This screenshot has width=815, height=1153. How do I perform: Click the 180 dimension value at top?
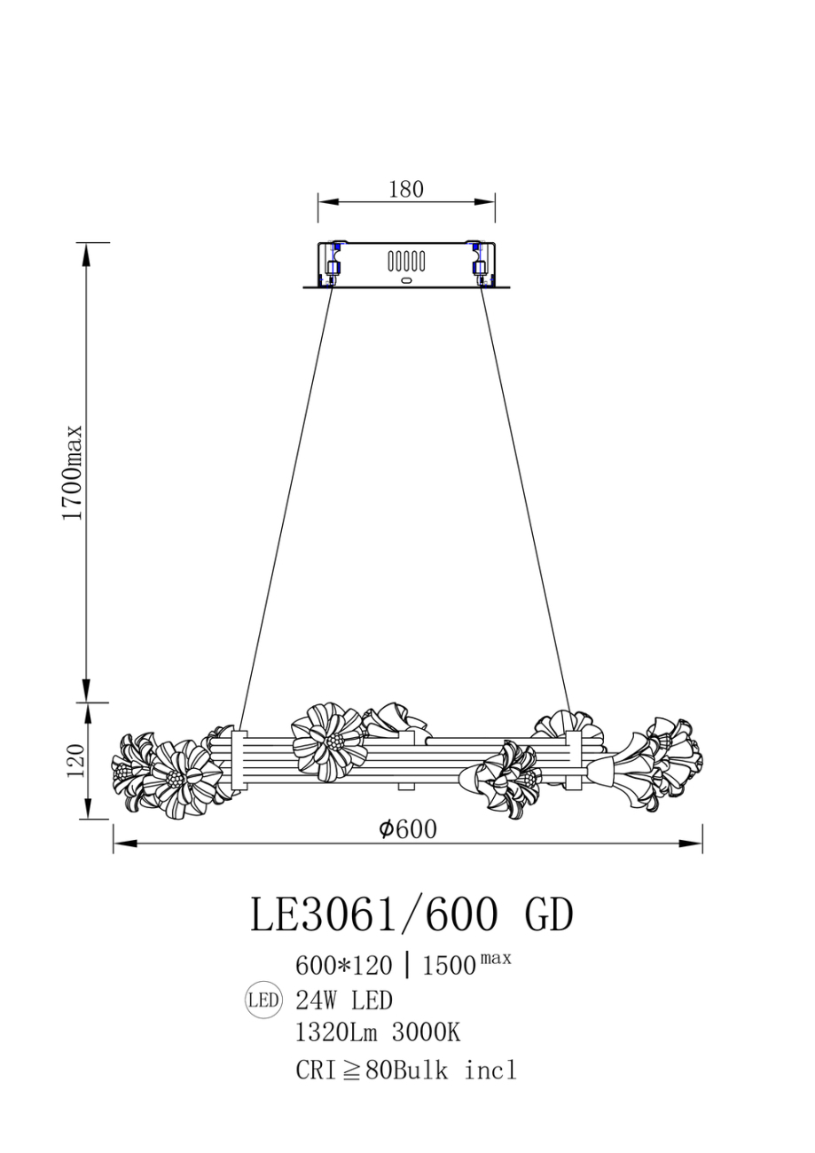click(406, 189)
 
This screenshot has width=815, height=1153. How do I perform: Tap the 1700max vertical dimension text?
click(72, 472)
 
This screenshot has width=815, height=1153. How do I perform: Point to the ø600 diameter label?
click(407, 829)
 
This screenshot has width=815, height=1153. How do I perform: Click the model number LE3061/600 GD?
click(411, 915)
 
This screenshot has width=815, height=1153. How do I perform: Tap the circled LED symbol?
click(263, 1001)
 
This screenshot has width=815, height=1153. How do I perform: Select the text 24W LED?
click(344, 1001)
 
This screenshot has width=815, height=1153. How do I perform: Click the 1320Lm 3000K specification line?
click(378, 1033)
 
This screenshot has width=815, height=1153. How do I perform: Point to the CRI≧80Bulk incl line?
click(405, 1070)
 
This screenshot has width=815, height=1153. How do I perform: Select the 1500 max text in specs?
click(466, 964)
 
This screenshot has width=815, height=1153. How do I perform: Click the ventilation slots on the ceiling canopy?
click(406, 262)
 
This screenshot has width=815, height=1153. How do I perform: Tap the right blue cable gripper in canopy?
click(480, 263)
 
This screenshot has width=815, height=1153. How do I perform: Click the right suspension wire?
click(525, 506)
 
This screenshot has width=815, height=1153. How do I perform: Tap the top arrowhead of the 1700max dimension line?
click(87, 254)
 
